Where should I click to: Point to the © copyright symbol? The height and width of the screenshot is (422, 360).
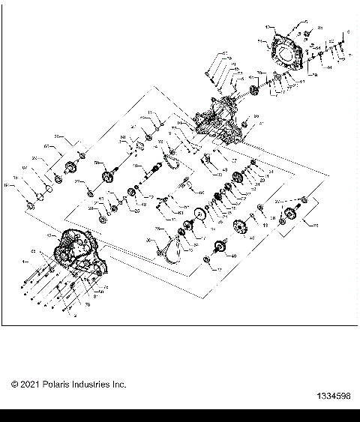pos(15,385)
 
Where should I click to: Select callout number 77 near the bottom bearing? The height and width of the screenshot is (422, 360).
pos(218,268)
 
